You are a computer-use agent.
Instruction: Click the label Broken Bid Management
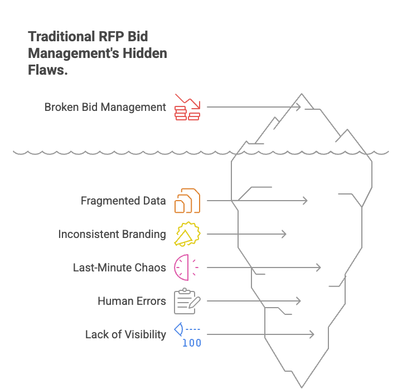click(105, 106)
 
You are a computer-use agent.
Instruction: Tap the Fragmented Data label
click(123, 201)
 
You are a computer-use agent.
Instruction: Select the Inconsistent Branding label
click(112, 234)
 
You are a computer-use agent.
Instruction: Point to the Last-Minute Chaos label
click(119, 268)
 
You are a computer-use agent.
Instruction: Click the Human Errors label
click(132, 301)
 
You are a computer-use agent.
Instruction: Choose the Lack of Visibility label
click(125, 334)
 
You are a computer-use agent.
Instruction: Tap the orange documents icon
click(187, 201)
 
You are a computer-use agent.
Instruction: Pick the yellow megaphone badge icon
click(187, 234)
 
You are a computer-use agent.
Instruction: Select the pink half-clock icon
click(185, 268)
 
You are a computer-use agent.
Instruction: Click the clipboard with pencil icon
click(187, 301)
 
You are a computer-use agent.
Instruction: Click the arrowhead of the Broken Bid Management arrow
click(299, 106)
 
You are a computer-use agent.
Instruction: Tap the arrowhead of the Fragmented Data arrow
click(306, 201)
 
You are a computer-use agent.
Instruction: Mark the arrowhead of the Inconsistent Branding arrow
click(284, 234)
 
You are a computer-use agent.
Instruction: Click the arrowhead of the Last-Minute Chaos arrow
click(319, 268)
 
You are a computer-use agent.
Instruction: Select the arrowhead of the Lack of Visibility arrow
click(312, 334)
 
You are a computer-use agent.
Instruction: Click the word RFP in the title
click(110, 37)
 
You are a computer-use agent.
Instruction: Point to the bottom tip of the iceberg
click(302, 386)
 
